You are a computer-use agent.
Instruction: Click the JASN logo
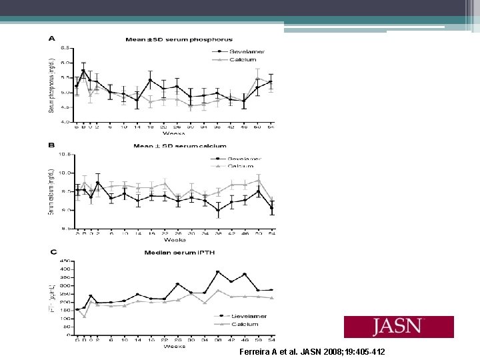point(398,327)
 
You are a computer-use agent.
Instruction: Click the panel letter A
point(52,38)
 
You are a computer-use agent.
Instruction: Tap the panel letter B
point(52,144)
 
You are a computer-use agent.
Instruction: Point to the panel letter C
point(52,251)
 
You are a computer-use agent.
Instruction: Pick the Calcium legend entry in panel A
point(242,59)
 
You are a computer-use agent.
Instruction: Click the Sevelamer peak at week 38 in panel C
point(217,272)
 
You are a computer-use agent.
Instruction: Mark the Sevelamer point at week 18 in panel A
point(151,80)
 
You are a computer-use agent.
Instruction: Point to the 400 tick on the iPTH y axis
point(66,269)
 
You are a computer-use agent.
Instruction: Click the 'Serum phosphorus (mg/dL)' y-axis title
point(51,85)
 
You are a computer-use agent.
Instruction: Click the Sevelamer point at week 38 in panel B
point(218,211)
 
